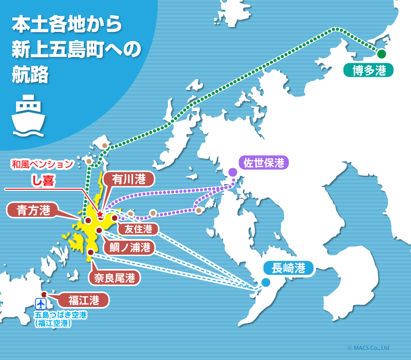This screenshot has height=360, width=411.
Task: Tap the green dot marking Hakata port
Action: (381, 54)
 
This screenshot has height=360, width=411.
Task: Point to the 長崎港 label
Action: (288, 268)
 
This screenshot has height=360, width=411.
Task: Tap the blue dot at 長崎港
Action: (265, 282)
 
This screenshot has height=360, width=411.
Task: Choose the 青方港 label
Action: (33, 210)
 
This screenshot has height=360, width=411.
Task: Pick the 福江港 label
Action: (84, 299)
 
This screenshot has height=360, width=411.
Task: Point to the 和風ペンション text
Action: (41, 165)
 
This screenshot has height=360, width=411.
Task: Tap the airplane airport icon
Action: (41, 303)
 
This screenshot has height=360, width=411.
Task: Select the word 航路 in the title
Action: (30, 75)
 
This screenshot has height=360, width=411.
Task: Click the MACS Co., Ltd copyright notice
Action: (368, 348)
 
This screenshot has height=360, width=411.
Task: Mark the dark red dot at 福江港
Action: (44, 295)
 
